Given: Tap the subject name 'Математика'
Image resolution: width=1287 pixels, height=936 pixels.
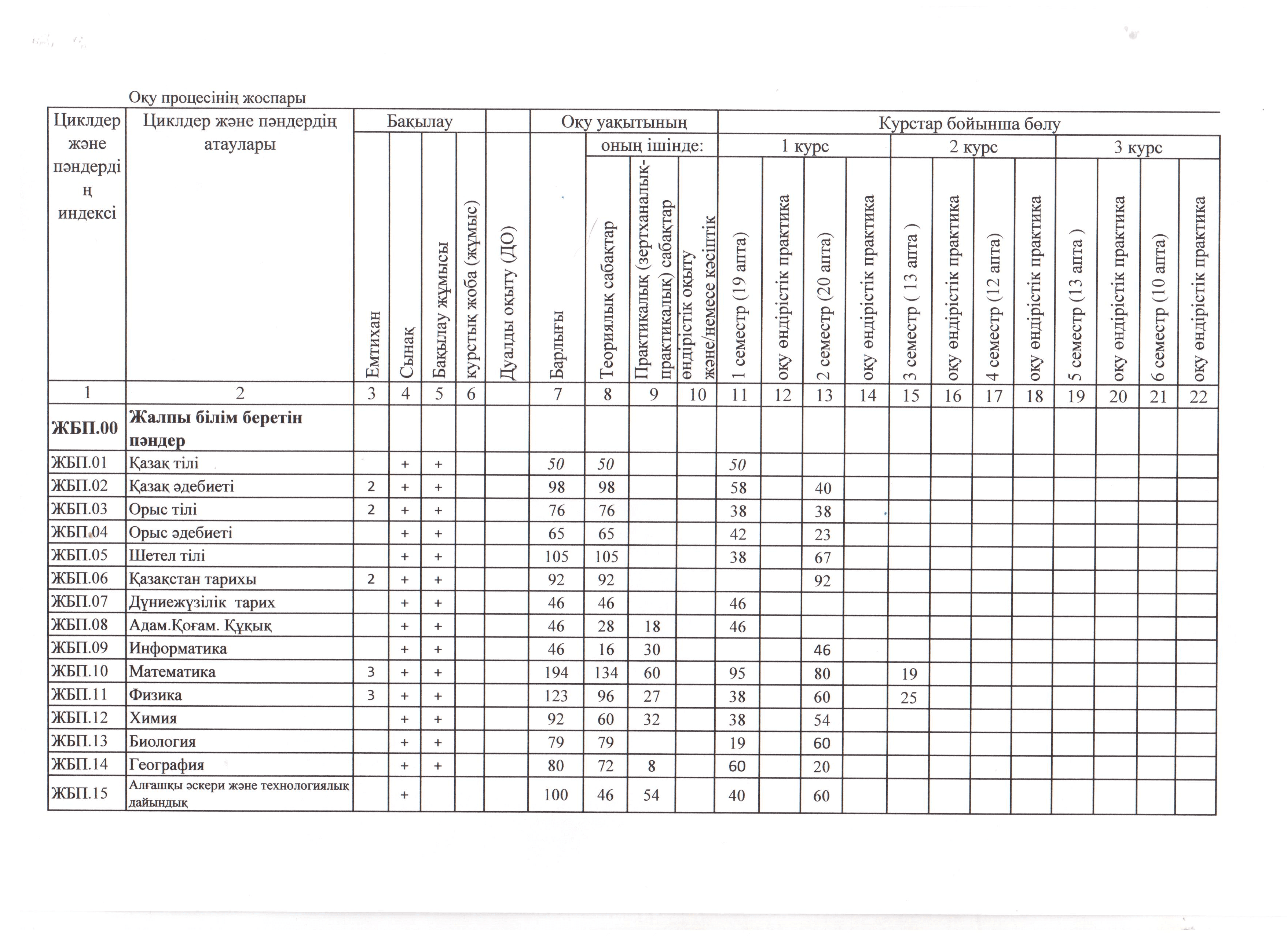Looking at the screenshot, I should pos(172,672).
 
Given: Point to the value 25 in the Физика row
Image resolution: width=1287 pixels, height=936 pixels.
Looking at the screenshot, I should pos(909,697).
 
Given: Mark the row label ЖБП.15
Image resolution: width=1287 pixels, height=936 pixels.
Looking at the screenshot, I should pos(80,793).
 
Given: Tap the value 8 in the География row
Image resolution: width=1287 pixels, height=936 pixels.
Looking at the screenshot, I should pos(652,766).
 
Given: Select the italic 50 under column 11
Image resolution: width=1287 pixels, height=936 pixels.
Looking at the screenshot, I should pos(737,465).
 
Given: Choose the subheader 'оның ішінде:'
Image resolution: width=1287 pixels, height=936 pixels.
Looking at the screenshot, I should pos(652,146).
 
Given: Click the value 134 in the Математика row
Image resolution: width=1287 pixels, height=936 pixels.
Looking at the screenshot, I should pos(606,673).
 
